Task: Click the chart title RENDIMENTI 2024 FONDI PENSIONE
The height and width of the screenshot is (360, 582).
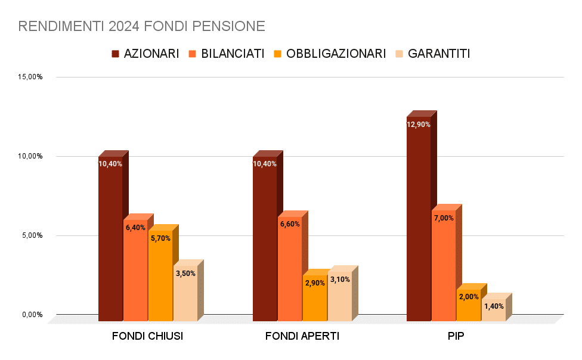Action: coord(142,26)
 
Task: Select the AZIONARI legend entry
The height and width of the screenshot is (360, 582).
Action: coord(145,54)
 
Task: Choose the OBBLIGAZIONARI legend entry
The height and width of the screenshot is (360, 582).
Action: coord(329,54)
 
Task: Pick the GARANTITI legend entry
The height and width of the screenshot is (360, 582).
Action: coord(432,54)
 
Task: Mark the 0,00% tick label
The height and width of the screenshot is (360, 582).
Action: coord(32,315)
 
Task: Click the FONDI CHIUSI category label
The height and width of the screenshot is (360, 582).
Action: coord(147,336)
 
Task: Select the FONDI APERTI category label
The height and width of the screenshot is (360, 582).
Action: coord(302,336)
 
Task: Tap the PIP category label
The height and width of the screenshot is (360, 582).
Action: coord(456,336)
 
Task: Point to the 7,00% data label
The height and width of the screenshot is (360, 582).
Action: coord(444,218)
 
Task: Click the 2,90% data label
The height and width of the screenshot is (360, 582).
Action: coord(315,283)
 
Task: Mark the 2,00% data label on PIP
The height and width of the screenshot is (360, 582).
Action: coord(469,297)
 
